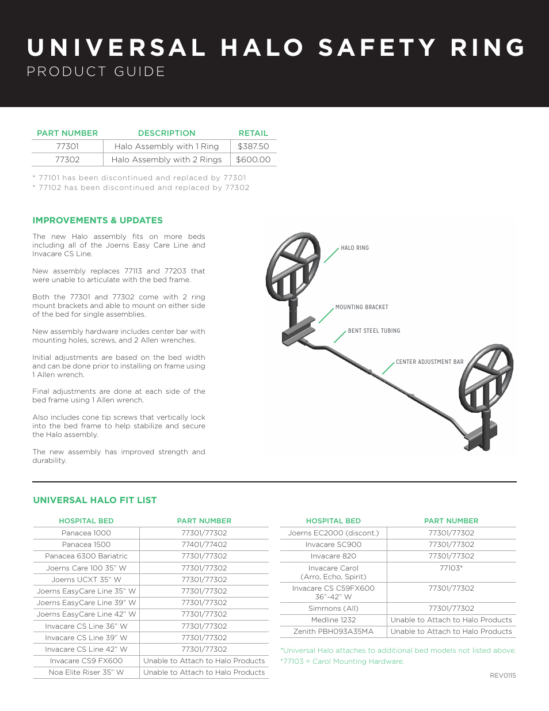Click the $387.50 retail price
click(x=253, y=146)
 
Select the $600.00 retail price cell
click(x=253, y=159)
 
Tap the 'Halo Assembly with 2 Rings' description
click(x=166, y=159)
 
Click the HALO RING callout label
click(x=354, y=248)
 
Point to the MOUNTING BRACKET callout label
click(x=361, y=307)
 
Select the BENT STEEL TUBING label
click(x=374, y=331)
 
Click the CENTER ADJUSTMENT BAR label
click(x=429, y=362)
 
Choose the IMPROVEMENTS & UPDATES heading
click(x=97, y=220)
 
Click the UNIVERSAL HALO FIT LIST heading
click(x=95, y=500)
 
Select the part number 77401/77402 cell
click(x=204, y=545)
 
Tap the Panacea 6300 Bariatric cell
click(x=86, y=556)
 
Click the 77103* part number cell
click(x=451, y=568)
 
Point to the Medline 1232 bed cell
click(x=333, y=620)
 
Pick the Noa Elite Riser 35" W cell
click(x=86, y=672)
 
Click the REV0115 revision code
click(x=502, y=675)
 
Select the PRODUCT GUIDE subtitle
click(x=96, y=71)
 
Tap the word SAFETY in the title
click(x=378, y=48)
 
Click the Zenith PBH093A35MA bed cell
click(x=333, y=632)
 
